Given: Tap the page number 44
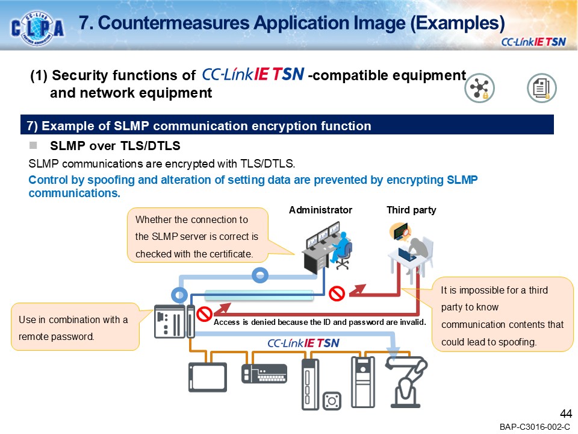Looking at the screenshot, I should (565, 414).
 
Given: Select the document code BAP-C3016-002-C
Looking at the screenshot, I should (534, 427).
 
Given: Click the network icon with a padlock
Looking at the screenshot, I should (479, 89).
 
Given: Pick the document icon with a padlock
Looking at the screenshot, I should (541, 89).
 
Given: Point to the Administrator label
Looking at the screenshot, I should (320, 210).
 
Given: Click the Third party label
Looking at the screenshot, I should (411, 210).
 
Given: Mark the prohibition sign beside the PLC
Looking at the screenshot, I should (205, 313).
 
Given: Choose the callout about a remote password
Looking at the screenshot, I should (75, 328).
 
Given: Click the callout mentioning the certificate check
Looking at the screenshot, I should (197, 236).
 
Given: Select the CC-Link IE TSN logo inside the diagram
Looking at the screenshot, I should (303, 343).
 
